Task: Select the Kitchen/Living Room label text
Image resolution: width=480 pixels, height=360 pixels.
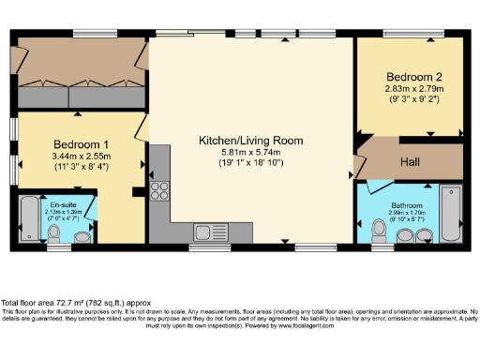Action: pos(251,140)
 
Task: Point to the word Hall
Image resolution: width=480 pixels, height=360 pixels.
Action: pos(409,162)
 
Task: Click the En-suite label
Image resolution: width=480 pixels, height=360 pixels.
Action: pos(64,202)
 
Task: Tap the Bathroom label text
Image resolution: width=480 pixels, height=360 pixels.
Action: pos(408,205)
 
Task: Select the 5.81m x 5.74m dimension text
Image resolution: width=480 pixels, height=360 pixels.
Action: pos(251,151)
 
